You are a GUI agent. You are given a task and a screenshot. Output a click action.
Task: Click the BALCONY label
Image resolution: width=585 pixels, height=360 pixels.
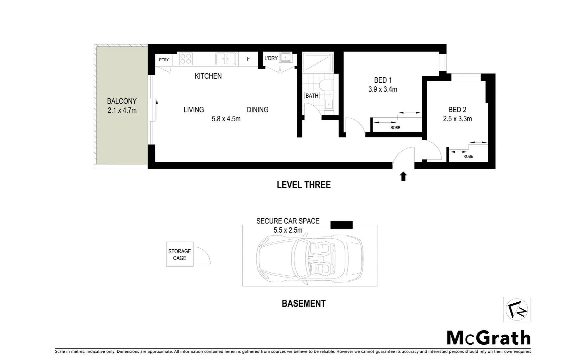[x=122, y=101]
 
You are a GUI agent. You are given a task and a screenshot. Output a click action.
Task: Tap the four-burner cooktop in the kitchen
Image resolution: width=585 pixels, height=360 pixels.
[x=186, y=59]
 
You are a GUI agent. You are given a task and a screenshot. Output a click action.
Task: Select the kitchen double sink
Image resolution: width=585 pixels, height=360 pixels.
[x=226, y=59]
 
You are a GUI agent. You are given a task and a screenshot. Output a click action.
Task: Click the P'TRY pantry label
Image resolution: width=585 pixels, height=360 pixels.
[x=164, y=60]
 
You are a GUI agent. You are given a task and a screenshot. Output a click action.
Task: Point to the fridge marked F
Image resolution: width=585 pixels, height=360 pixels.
[x=248, y=59]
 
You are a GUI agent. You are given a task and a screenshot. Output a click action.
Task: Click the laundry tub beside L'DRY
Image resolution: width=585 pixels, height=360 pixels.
[x=286, y=57]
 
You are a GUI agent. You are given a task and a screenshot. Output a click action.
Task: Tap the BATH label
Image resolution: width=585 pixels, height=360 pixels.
[x=312, y=96]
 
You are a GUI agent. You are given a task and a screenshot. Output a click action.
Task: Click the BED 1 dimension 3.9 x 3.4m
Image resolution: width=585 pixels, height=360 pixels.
[x=382, y=89]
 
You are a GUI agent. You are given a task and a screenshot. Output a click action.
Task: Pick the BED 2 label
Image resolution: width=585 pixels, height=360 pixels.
[x=457, y=110]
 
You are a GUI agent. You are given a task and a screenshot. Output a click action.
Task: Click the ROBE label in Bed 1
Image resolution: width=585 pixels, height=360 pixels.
[x=395, y=128]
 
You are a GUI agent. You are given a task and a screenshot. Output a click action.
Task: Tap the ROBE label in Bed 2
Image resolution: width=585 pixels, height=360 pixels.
[x=468, y=156]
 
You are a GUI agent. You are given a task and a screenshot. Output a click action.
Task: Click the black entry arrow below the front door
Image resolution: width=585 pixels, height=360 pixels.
[x=403, y=176]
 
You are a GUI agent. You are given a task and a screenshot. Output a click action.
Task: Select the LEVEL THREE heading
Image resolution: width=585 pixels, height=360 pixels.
[x=303, y=185]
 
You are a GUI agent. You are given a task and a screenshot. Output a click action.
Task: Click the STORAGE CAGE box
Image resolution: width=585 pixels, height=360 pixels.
[x=180, y=254]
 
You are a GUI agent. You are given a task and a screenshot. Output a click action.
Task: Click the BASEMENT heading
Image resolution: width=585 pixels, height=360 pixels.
[x=303, y=304]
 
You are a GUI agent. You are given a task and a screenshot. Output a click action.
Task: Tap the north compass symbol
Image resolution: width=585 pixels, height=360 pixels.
[x=516, y=310]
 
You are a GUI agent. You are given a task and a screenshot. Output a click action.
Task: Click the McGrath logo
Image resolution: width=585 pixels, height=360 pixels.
[x=488, y=338]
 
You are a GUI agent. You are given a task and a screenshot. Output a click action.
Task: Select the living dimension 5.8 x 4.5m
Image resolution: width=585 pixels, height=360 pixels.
[x=226, y=119]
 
